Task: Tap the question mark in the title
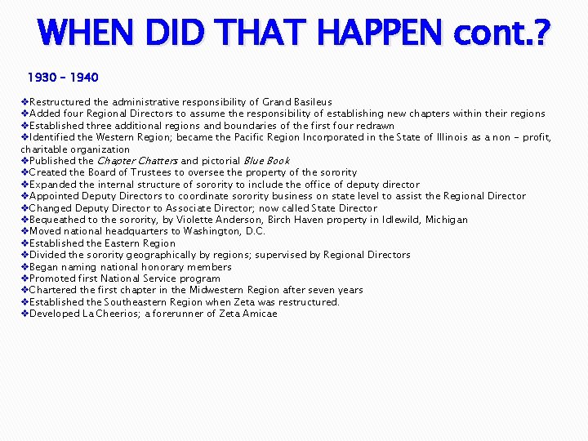(540, 34)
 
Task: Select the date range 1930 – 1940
(63, 78)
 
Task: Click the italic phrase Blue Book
(266, 161)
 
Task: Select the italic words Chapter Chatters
(137, 161)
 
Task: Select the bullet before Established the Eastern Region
(24, 243)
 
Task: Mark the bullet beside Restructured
(24, 102)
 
